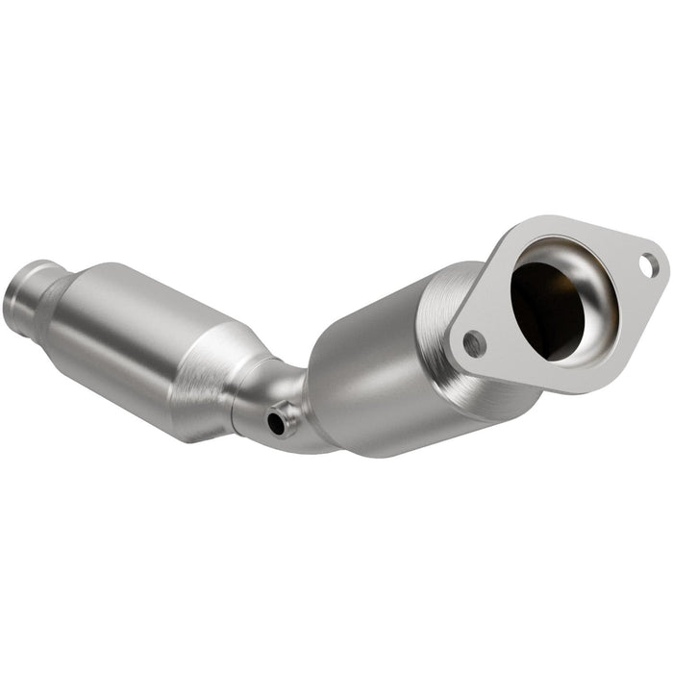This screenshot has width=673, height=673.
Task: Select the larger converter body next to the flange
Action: [x=385, y=356]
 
